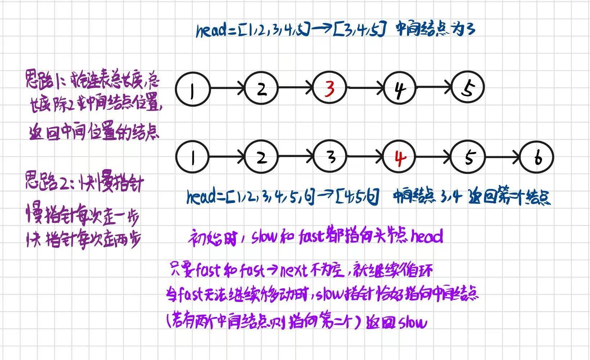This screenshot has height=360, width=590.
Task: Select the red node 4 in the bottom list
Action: click(399, 157)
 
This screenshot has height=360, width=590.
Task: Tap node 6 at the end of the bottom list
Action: click(537, 157)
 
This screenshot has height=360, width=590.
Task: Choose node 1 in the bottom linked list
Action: click(192, 157)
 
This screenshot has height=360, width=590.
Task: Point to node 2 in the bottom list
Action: click(262, 157)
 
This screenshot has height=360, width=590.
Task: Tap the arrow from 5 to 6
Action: click(502, 157)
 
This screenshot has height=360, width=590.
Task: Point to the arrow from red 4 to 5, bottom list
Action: click(433, 157)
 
